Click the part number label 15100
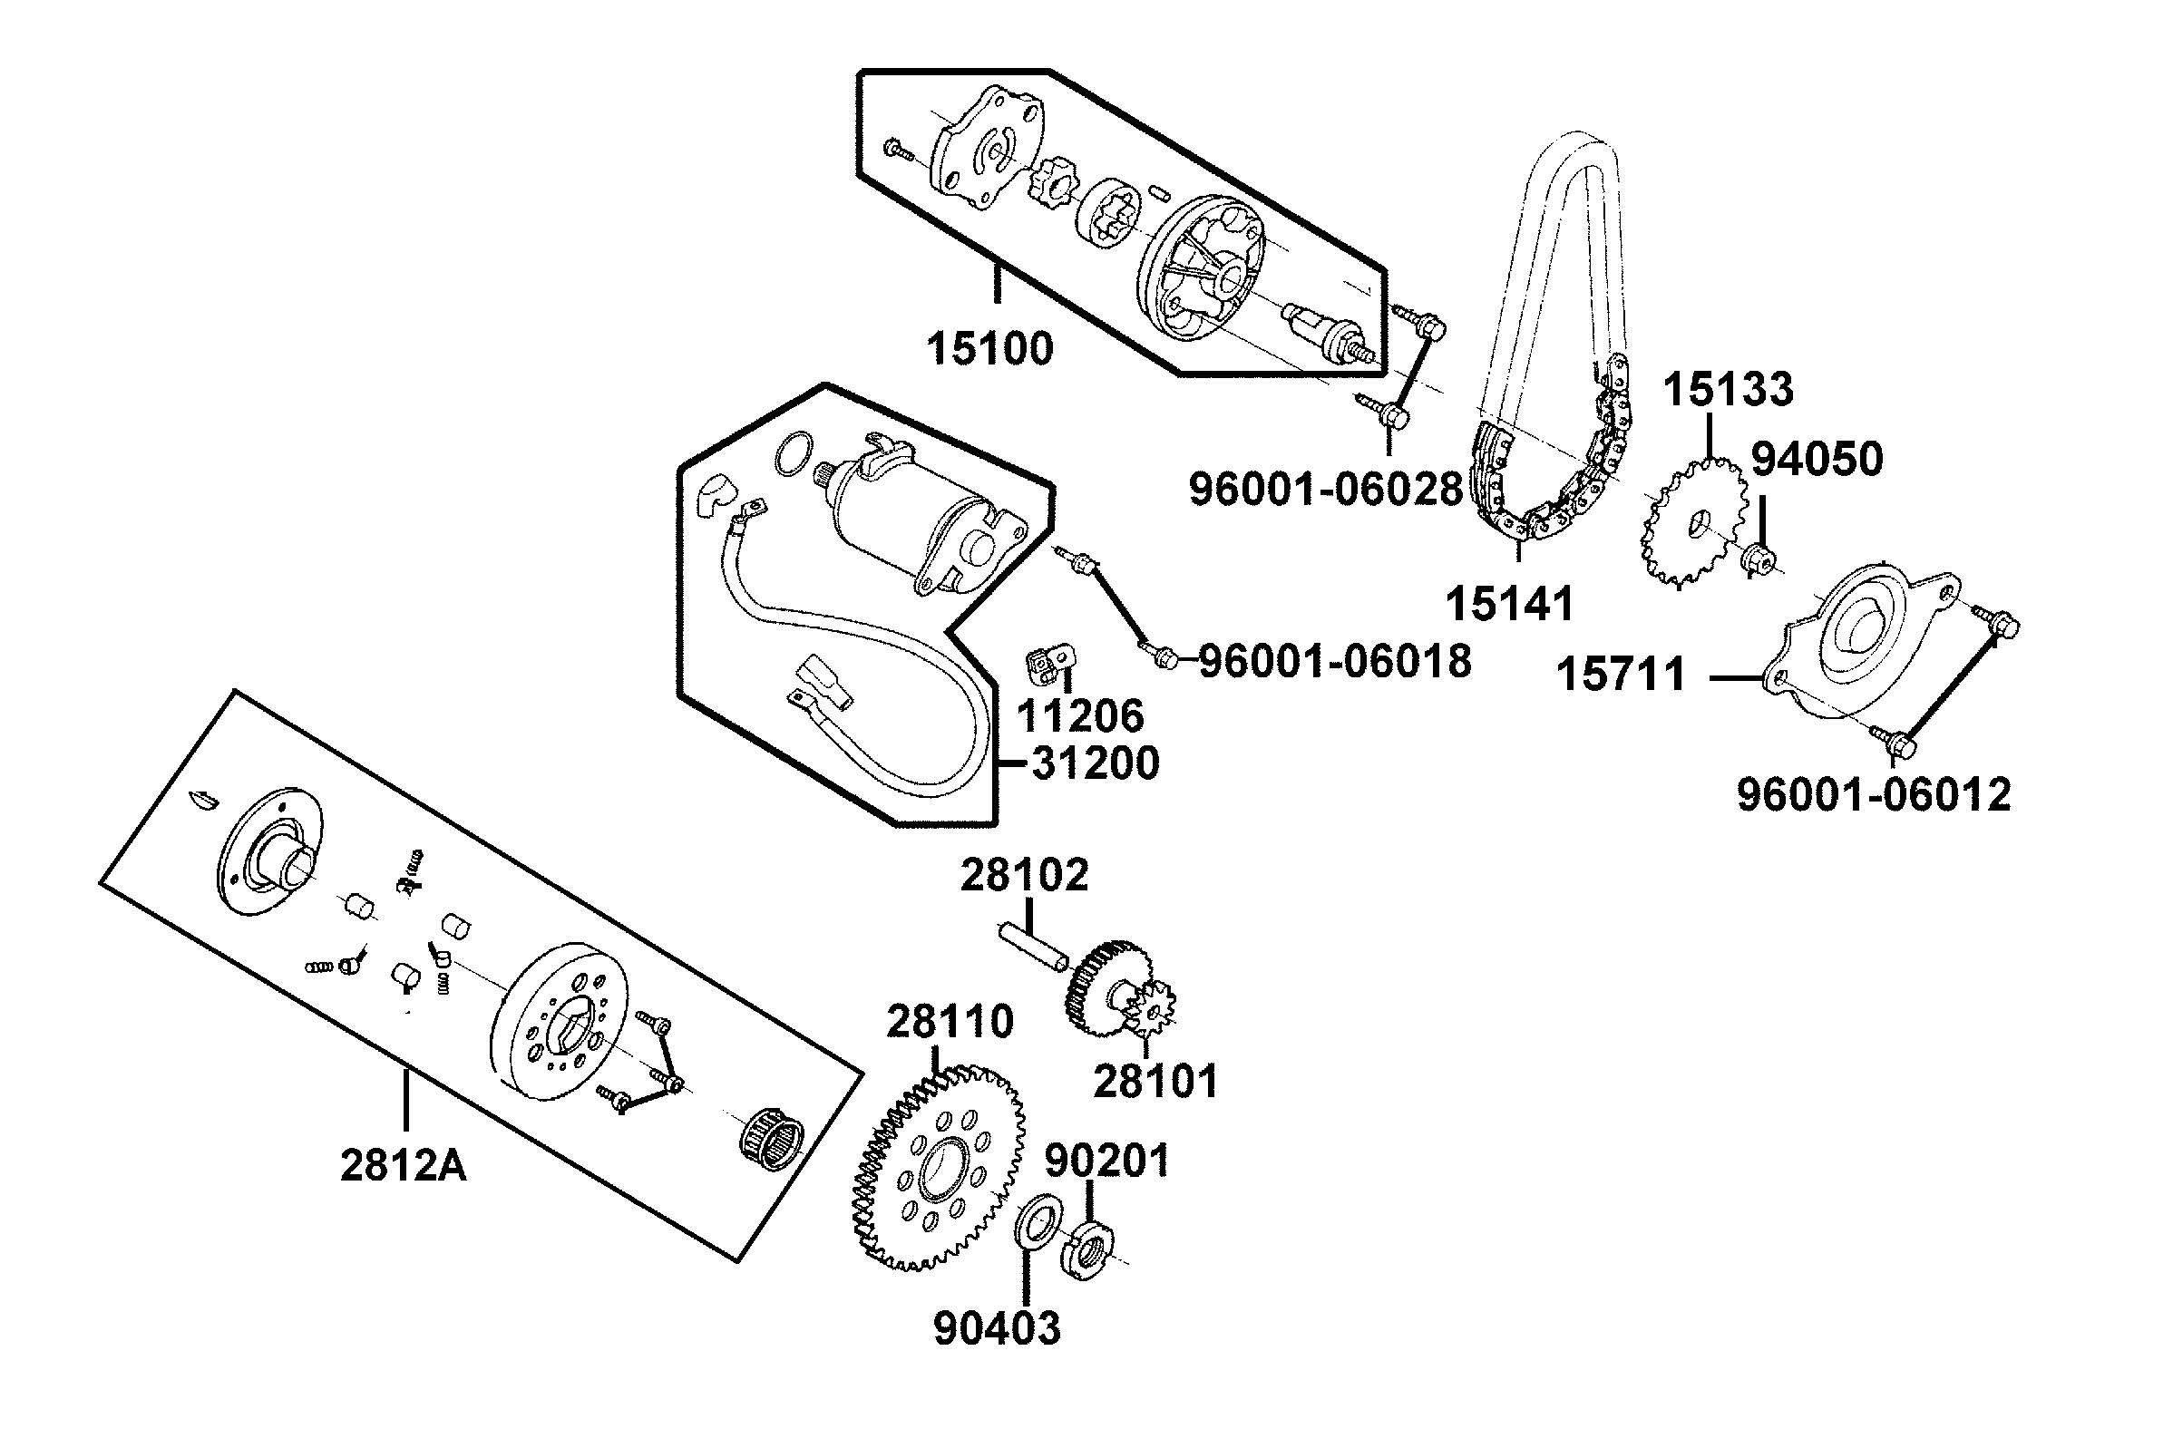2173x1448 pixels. click(x=989, y=350)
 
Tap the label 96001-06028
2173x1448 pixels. click(x=1325, y=489)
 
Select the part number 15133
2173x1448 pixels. click(x=1728, y=390)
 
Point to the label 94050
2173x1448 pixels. click(x=1817, y=459)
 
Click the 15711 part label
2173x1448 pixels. click(x=1622, y=676)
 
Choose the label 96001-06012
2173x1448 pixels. click(x=1874, y=795)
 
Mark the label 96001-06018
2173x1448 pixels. click(x=1334, y=661)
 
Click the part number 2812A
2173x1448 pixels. click(x=403, y=1166)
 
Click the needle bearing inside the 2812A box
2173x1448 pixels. click(x=772, y=1138)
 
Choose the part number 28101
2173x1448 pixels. click(x=1156, y=1081)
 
